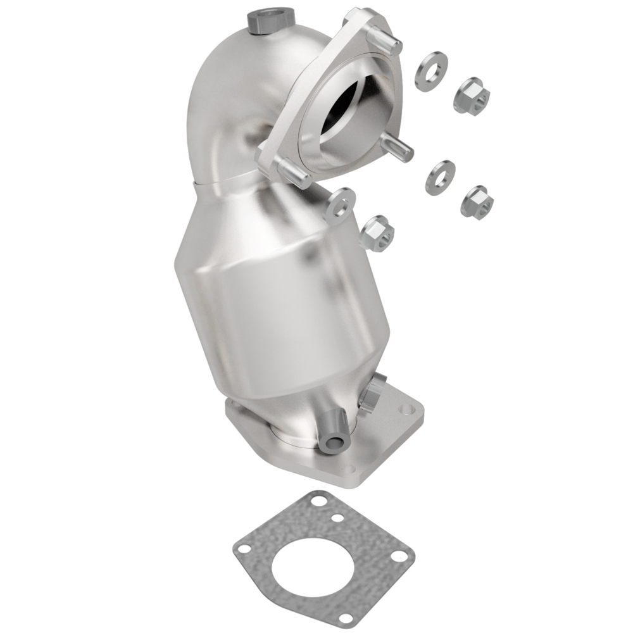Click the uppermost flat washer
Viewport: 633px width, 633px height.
coord(431,71)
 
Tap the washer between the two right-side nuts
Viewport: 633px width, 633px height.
coord(440,177)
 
